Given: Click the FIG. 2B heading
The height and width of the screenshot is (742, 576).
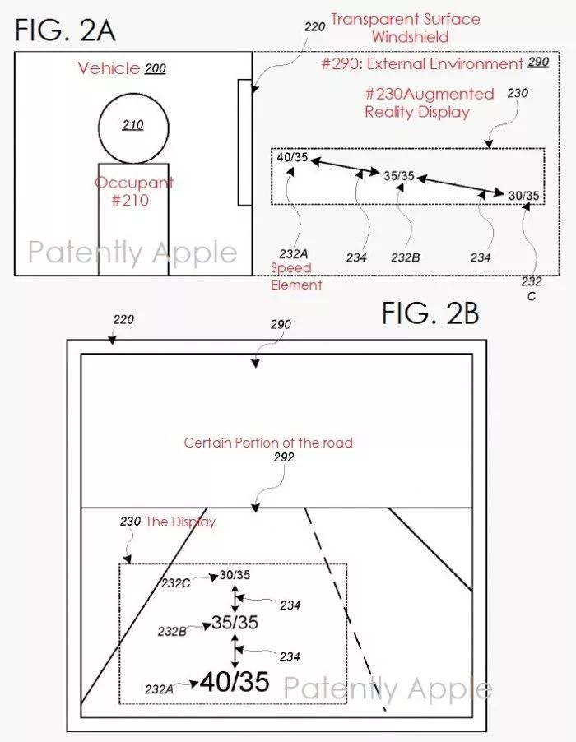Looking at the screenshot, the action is tap(430, 313).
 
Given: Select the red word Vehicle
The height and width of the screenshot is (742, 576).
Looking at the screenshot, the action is tap(109, 68).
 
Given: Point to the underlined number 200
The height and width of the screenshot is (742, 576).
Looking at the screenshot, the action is tap(156, 69).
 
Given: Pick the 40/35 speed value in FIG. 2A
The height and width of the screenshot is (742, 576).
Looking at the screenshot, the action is tap(292, 157).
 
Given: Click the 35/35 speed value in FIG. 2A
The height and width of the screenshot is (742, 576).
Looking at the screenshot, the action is tap(399, 176).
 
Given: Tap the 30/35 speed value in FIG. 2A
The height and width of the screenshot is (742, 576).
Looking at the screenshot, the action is tap(524, 196).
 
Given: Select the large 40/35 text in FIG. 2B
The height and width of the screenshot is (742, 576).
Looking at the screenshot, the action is tap(235, 682).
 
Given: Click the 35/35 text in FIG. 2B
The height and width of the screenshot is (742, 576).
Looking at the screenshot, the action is tap(235, 622).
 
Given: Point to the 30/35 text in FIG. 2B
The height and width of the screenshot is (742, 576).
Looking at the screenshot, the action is tap(235, 575).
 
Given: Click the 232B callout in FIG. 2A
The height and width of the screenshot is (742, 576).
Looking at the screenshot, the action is tap(406, 258).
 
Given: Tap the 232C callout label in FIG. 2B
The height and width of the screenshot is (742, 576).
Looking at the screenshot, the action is tap(175, 583).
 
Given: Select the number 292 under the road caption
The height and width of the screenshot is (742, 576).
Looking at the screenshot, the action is tap(284, 457).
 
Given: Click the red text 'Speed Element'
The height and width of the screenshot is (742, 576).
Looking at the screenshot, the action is tap(296, 276).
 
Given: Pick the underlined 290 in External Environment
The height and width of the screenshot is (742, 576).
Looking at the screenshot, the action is tap(538, 62).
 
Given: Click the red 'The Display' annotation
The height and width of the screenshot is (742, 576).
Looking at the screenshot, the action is tap(180, 522).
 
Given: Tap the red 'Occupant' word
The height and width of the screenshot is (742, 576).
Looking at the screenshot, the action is tap(134, 183).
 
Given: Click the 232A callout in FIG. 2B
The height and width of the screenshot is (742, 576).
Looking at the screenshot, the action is tap(159, 689).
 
